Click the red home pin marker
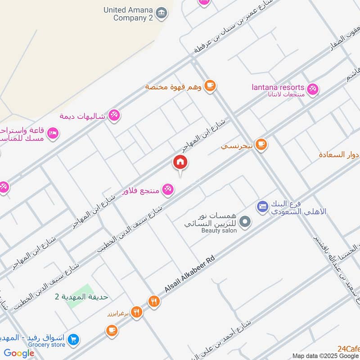coord(180,162)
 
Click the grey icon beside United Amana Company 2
coord(161,13)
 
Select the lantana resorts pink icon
coord(313,89)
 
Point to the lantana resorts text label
coord(278,87)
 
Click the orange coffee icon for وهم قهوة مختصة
coord(209,85)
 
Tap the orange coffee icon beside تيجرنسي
coord(261,144)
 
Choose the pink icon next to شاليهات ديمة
coord(114,116)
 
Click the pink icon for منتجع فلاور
coord(168,190)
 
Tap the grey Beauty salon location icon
coord(245,221)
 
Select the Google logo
coord(19,353)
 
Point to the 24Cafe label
coord(348,348)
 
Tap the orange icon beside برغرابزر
coord(137,312)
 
